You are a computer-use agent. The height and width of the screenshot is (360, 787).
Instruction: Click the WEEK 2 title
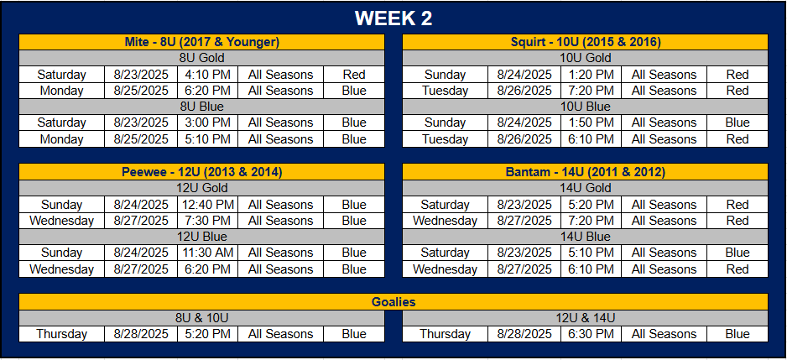pos(393,18)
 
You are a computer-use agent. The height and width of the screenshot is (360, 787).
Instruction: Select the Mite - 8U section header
pos(201,42)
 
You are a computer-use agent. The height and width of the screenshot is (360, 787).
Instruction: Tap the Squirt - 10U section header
pos(586,42)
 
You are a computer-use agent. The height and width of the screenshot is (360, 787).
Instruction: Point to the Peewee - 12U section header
pos(201,172)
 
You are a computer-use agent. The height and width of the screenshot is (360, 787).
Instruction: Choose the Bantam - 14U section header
pos(586,172)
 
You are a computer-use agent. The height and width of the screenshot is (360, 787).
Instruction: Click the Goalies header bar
pos(393,302)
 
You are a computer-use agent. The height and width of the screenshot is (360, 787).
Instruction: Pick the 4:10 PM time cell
pos(208,75)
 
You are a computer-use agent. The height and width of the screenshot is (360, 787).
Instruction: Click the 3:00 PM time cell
pos(208,123)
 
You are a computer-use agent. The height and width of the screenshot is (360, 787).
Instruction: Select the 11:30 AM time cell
pos(208,253)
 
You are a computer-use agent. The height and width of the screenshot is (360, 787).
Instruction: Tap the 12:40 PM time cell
pos(208,205)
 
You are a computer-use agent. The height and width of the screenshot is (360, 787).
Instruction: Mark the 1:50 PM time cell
pos(592,123)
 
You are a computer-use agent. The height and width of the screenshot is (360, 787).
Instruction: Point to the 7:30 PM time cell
pos(208,221)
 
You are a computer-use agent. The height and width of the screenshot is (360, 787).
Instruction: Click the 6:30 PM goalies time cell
pos(592,334)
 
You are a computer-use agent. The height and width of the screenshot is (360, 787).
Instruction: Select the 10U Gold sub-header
pos(586,58)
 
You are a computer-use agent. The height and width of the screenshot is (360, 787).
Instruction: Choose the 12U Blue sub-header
pos(201,237)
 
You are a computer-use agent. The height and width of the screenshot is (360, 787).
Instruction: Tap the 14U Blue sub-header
pos(586,237)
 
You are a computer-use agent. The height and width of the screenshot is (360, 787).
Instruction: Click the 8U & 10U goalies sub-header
pos(201,318)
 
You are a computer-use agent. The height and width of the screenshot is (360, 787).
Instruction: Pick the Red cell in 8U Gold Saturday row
pos(354,75)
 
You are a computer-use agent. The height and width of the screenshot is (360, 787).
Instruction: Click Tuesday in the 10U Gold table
pos(446,91)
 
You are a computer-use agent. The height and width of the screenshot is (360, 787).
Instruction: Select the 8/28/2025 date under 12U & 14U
pos(524,334)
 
